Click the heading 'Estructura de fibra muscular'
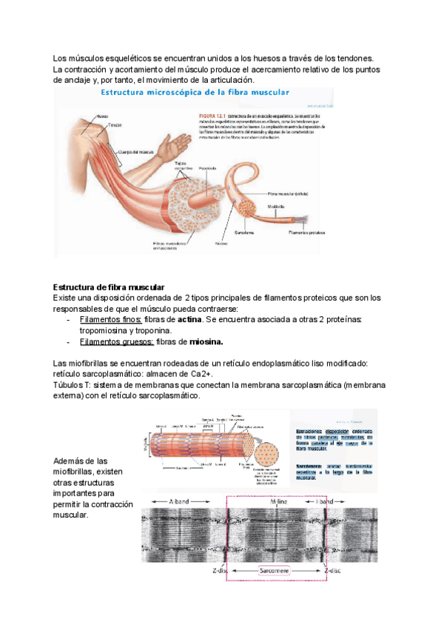click(109, 287)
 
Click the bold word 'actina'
click(190, 318)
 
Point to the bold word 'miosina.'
click(206, 341)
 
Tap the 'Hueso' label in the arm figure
click(104, 116)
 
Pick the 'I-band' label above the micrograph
click(325, 501)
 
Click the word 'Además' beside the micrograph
click(71, 461)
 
